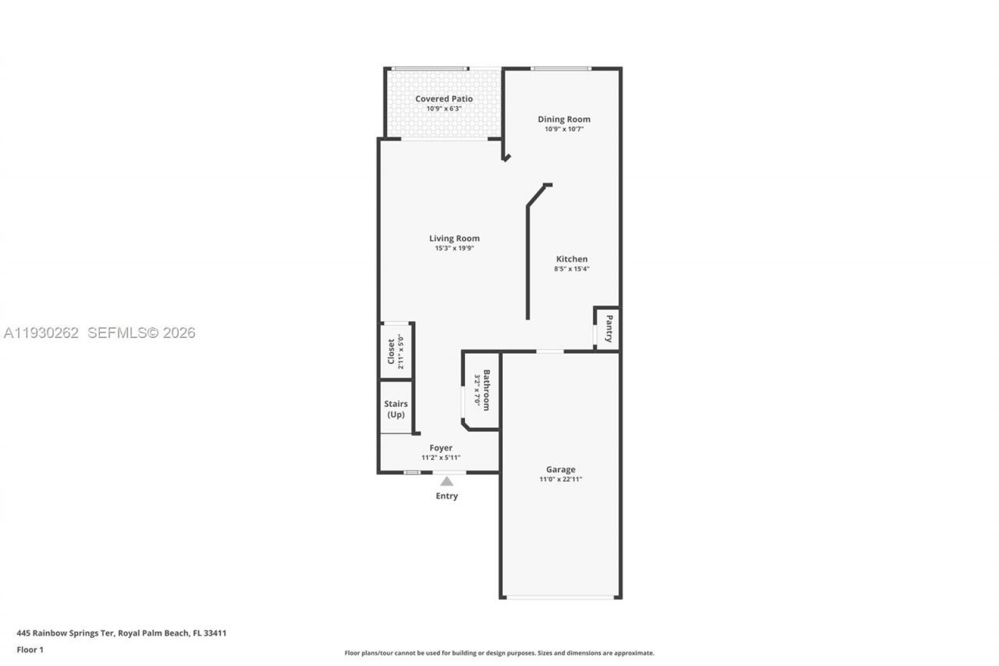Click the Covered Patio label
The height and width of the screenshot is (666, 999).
point(443,99)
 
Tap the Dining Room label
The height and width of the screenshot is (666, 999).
point(563,119)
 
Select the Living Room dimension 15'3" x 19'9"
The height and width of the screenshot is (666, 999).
point(454,248)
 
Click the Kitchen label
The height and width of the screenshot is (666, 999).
point(571,259)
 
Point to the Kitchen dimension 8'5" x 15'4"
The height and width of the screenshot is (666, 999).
point(571,269)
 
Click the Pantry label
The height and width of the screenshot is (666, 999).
point(609,328)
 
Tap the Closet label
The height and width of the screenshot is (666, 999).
point(392,351)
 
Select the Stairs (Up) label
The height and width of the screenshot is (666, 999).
point(396,409)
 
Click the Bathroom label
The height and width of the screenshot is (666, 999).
point(486,390)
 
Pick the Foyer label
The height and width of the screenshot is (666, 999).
point(441,448)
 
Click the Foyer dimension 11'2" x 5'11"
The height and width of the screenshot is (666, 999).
point(441,458)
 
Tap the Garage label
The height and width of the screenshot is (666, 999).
point(560,469)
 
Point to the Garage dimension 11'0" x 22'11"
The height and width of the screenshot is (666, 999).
point(560,479)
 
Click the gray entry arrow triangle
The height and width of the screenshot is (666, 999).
point(446,482)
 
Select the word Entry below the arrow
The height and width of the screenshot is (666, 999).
point(446,496)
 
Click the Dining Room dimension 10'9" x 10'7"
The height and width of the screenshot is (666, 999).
point(563,130)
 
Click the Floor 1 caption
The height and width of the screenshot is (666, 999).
point(30,650)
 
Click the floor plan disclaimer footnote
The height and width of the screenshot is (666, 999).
point(499,653)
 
